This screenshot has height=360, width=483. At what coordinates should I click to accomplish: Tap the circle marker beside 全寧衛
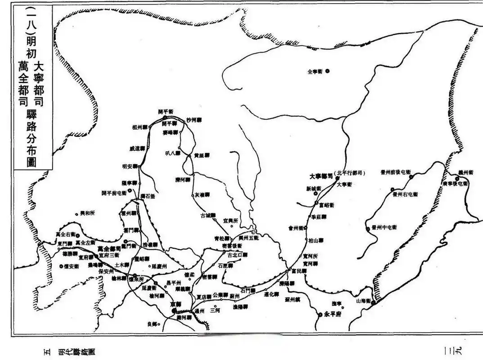pos(327,71)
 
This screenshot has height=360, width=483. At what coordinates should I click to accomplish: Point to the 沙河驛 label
pos(194,120)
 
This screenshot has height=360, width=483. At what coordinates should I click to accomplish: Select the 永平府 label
pos(333,315)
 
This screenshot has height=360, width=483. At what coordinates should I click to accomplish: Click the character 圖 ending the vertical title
pos(32,161)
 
